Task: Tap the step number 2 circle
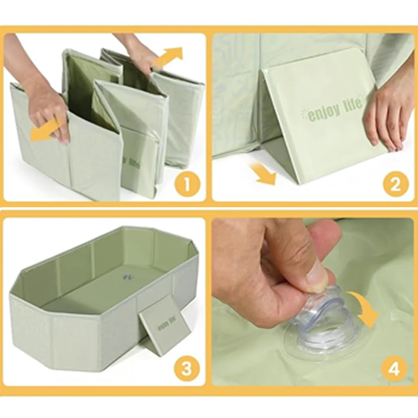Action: (395, 184)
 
